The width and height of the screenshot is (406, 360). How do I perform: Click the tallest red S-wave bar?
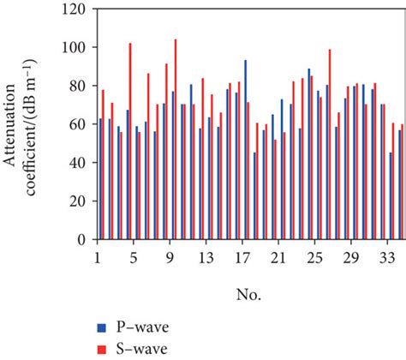click(x=176, y=139)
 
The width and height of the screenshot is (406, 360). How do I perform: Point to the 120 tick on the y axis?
click(x=75, y=9)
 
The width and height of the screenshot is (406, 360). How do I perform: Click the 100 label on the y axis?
click(x=75, y=48)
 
